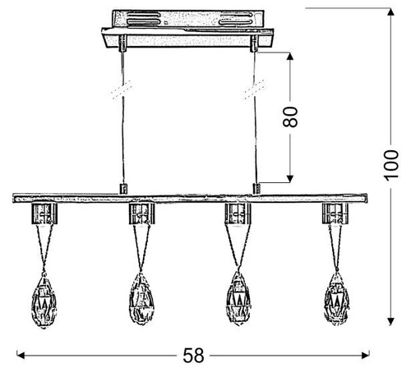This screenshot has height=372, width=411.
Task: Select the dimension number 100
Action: [x=401, y=169]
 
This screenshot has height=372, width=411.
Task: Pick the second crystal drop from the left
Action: [x=143, y=296]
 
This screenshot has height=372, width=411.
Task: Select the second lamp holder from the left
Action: [x=141, y=215]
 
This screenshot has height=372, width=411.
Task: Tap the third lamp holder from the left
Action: [x=238, y=215]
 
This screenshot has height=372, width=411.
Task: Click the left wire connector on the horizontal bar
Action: [x=125, y=189]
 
